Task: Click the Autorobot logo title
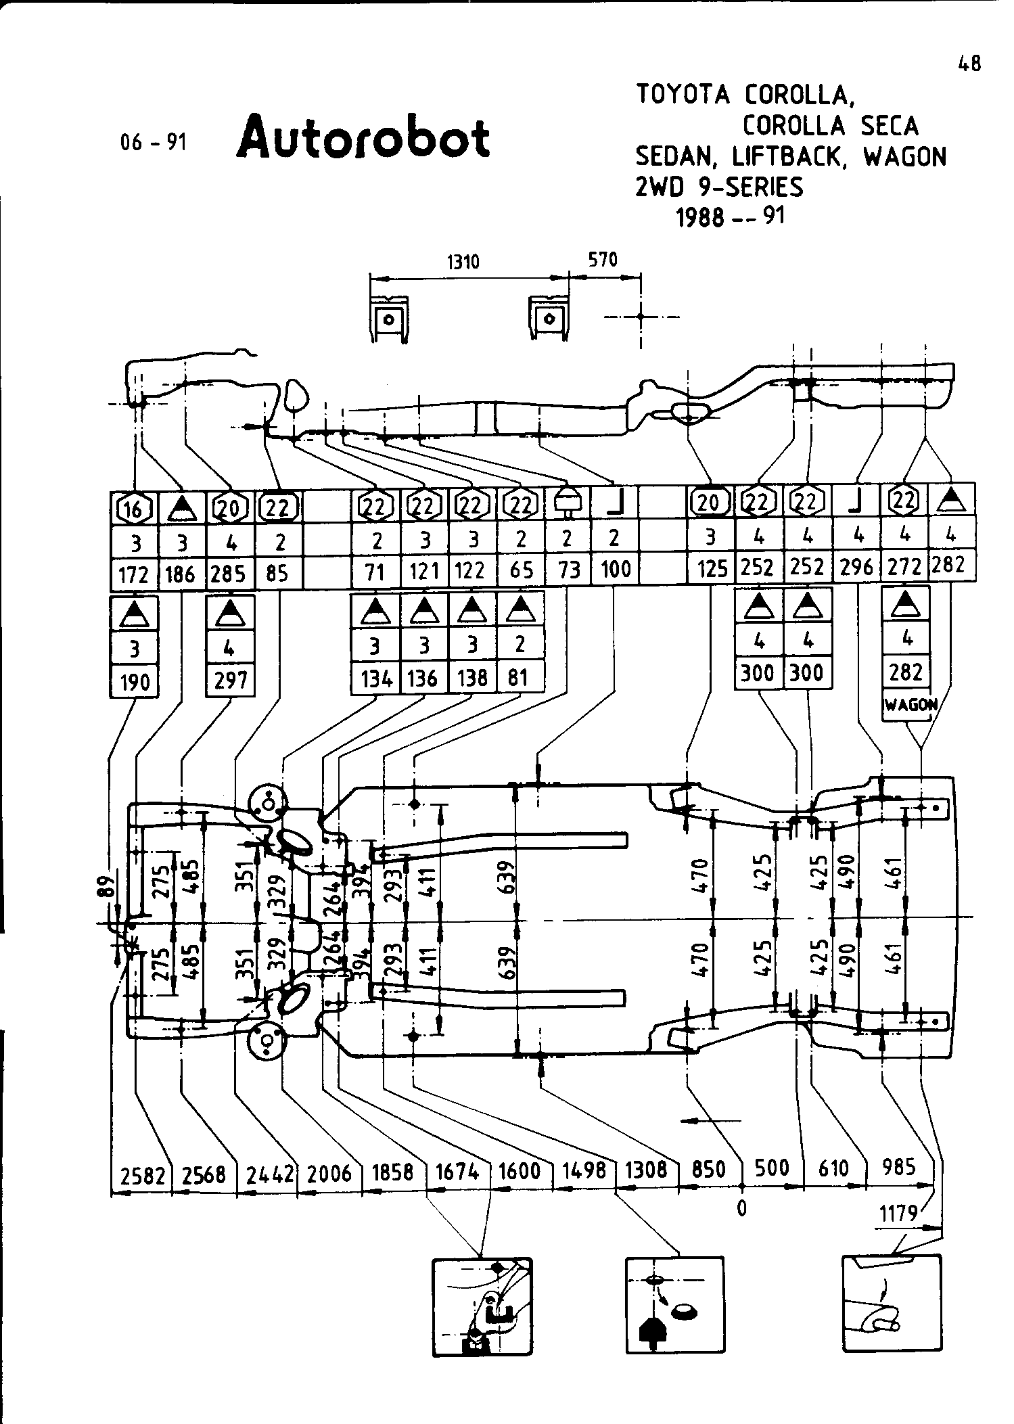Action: pos(363,137)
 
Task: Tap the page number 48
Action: pos(969,64)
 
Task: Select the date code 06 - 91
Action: pos(152,142)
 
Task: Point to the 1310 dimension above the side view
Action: pos(463,261)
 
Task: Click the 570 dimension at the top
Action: pos(603,259)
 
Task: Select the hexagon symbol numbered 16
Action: pos(134,507)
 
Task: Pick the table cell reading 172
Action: pos(133,574)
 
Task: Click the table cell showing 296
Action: pos(856,566)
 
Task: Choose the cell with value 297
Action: pos(230,680)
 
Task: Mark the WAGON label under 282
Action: pos(910,705)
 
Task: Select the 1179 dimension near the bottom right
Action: pos(898,1214)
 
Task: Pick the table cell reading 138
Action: pos(471,677)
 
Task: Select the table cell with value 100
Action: pos(615,570)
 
